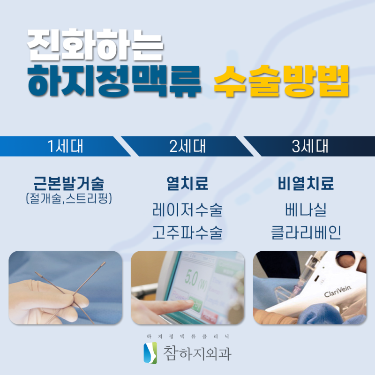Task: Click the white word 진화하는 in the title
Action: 95,44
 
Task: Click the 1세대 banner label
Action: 65,146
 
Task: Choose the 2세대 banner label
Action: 187,146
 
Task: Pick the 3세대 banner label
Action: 310,146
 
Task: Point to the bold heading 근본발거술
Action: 69,183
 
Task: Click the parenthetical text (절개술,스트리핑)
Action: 69,198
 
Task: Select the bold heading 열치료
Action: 187,183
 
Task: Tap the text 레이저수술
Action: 187,210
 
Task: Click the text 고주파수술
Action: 187,232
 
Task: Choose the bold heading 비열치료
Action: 306,183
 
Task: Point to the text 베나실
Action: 306,210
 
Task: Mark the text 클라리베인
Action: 306,232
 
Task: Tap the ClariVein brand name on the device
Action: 337,291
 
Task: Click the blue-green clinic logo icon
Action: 150,353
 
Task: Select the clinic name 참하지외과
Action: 197,353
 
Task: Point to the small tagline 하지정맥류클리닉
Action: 188,337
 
